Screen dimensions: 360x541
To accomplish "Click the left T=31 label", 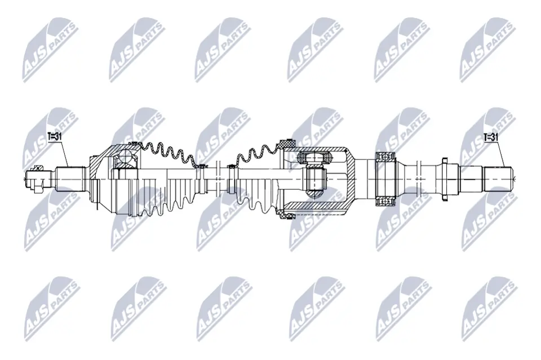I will pos(55,136).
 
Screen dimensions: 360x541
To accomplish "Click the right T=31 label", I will pos(491,136).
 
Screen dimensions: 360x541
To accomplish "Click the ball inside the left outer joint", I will pos(126,160).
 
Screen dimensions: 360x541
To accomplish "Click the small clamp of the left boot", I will pos(201,166).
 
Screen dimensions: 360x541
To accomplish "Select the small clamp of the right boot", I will pos(230,166).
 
